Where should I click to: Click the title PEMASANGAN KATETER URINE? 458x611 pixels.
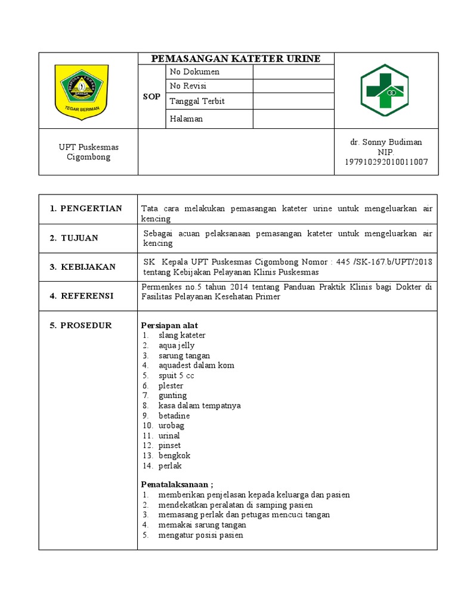click(236, 58)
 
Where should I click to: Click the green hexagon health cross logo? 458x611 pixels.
click(384, 90)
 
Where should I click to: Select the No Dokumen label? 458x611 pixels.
click(194, 72)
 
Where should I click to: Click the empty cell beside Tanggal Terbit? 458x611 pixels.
click(293, 101)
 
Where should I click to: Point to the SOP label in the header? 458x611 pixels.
click(151, 97)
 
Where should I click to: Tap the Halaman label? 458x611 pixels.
click(186, 119)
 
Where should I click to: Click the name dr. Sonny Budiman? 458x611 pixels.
click(386, 142)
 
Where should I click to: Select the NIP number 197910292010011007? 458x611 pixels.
click(386, 162)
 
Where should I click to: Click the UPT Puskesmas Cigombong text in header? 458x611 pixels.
click(88, 152)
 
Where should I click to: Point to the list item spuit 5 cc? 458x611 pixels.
click(176, 376)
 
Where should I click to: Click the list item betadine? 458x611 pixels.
click(174, 415)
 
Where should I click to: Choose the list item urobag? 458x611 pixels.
click(171, 425)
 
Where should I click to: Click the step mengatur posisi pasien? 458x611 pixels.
click(200, 535)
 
